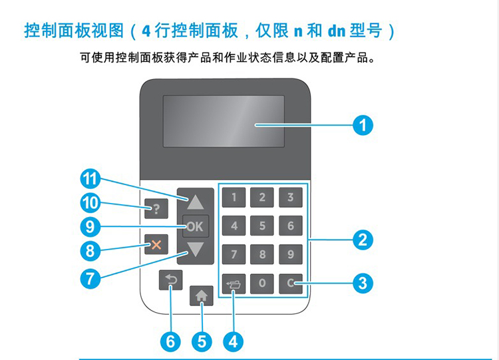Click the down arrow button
coord(196,250)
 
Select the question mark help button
coord(156,209)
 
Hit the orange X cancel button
coord(156,244)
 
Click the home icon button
coord(202,295)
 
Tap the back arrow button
coord(171,280)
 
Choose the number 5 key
coord(262,226)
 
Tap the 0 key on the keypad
coord(262,283)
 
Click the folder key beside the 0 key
coord(234,283)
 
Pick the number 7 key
coord(234,254)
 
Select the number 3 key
coord(291,198)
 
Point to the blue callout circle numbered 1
coord(363,125)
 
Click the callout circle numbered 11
coord(90,179)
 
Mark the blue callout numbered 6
coord(170,342)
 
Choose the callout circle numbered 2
coord(363,240)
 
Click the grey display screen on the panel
coord(224,121)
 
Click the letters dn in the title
coord(337,31)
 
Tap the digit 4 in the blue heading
coord(146,31)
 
